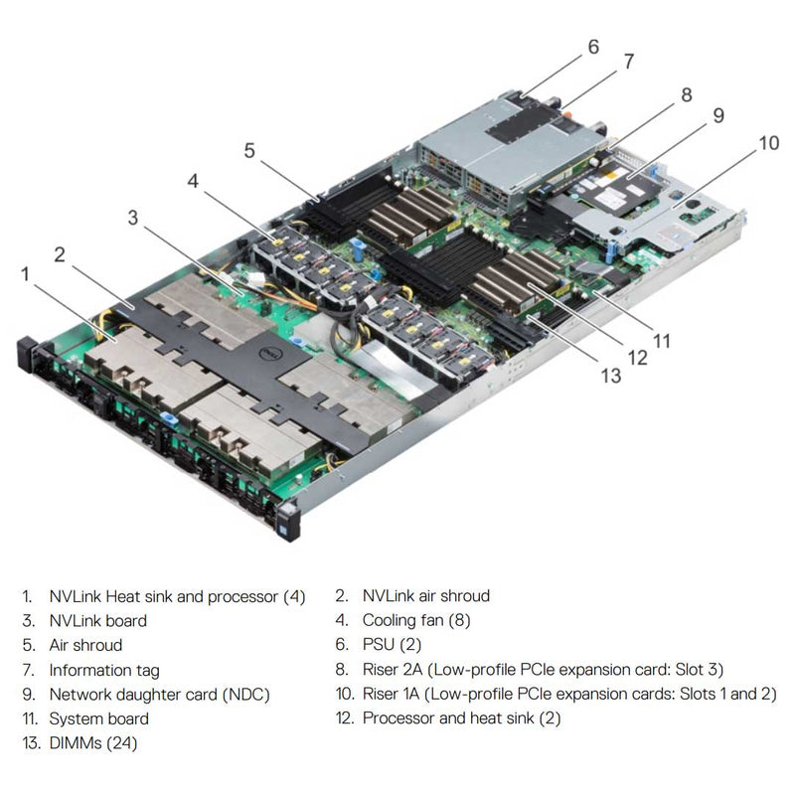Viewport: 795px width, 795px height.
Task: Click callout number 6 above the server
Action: tap(593, 46)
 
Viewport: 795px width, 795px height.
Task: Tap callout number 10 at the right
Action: tap(768, 142)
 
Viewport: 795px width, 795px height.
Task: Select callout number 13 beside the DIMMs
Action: tap(610, 376)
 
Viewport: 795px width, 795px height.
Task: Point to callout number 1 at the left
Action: tap(25, 272)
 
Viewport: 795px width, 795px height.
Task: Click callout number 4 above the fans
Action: tap(192, 181)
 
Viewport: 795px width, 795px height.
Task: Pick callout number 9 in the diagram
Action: tap(718, 116)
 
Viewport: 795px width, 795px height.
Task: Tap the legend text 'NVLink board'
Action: tap(97, 621)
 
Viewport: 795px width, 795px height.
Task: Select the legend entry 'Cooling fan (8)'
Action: tap(416, 621)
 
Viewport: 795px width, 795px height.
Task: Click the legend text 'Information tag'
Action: tap(103, 670)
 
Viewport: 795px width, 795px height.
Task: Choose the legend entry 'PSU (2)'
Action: tap(392, 645)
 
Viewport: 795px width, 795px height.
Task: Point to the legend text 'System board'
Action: tap(98, 718)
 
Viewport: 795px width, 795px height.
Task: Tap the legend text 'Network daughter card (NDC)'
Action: tap(159, 694)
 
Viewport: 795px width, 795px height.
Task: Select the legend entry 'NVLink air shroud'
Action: tap(425, 596)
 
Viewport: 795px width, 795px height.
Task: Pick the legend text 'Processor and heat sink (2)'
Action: tap(461, 718)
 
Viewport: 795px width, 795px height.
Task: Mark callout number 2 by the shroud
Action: tap(60, 253)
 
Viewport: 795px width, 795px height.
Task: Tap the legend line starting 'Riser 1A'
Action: tap(568, 694)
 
